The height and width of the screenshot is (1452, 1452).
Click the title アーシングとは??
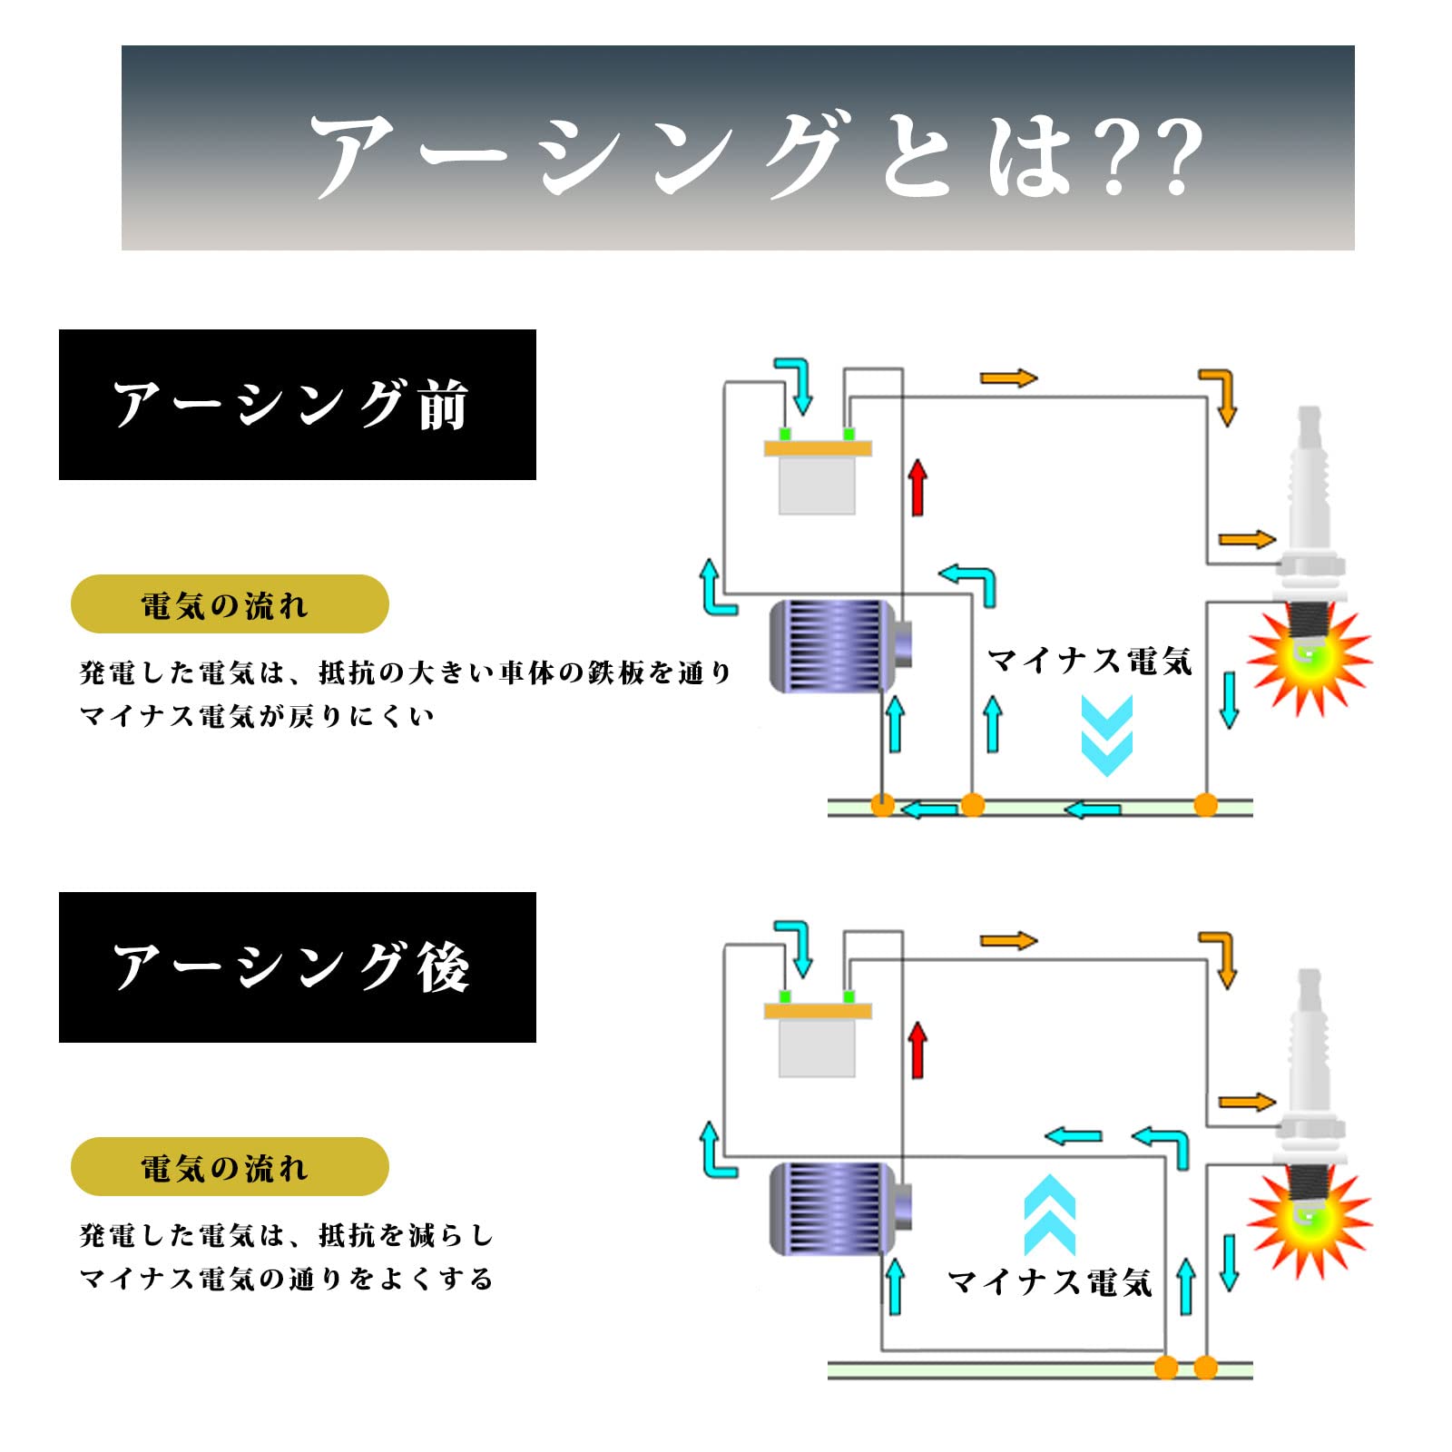[x=755, y=154]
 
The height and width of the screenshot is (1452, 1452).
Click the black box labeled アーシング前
[x=297, y=405]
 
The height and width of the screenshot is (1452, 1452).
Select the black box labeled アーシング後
[x=297, y=967]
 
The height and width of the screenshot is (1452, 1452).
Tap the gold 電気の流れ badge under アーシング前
[x=230, y=604]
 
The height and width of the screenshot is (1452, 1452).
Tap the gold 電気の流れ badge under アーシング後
[x=230, y=1167]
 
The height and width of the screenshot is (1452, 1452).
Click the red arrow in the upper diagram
[x=917, y=487]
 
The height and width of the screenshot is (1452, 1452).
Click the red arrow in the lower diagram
[x=917, y=1050]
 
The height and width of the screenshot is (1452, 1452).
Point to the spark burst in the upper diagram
[x=1308, y=661]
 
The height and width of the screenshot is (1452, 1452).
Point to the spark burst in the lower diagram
[x=1308, y=1223]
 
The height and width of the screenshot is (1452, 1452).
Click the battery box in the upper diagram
[x=817, y=481]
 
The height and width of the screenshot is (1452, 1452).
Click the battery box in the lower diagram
[x=817, y=1044]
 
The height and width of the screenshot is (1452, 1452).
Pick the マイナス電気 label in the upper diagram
[x=1089, y=661]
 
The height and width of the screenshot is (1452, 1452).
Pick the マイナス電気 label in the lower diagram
[x=1049, y=1282]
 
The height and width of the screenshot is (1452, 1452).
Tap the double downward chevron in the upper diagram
[x=1106, y=735]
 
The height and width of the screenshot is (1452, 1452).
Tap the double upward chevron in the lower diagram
[x=1049, y=1214]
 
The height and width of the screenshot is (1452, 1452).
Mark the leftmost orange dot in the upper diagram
[x=882, y=805]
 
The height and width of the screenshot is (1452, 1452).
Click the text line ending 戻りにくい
[x=257, y=716]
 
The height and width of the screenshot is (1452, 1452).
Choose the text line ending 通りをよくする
[x=286, y=1279]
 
